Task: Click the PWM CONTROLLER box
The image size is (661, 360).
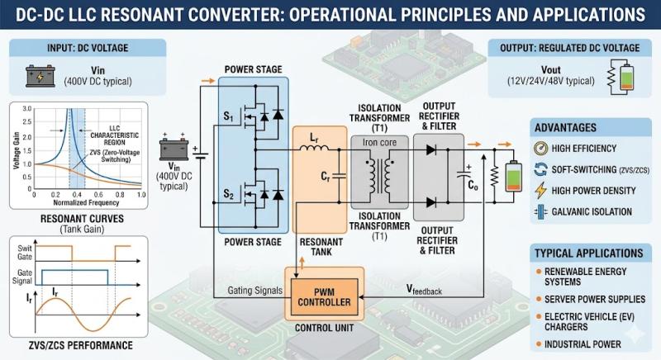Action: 323,295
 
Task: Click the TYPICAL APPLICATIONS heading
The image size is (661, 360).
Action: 588,253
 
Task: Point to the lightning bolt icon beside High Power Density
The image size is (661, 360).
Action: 541,189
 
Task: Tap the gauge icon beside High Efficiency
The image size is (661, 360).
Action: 541,149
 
